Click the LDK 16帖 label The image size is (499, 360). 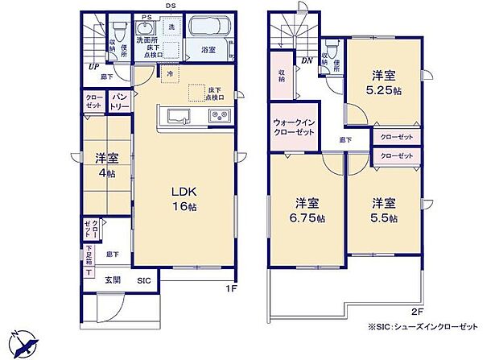183,198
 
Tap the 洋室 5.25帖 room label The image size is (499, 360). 383,84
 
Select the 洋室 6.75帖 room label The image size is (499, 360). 309,210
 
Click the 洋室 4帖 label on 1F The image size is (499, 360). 105,165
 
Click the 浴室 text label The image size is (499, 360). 208,50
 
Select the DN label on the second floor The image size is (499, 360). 307,60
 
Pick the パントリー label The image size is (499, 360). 120,102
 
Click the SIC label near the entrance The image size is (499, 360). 143,280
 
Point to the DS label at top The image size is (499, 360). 171,6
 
